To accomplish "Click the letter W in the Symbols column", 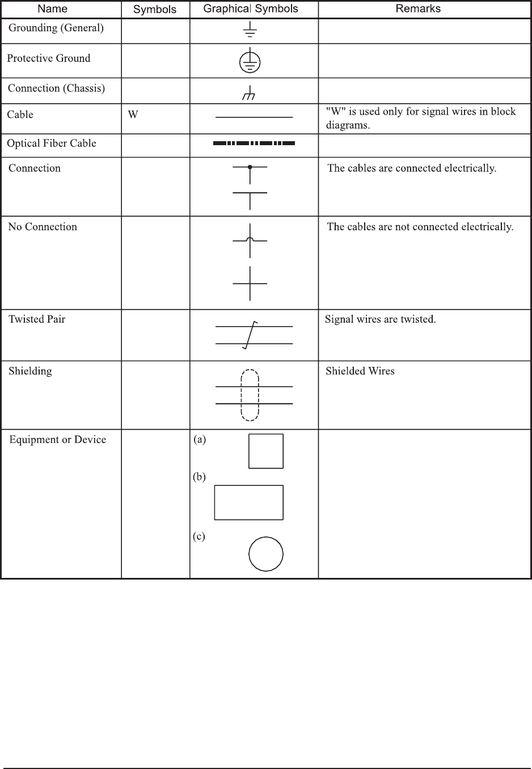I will pos(133,115).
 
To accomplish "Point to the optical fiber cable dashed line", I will pos(254,143).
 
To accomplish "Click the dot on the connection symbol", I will pos(250,167).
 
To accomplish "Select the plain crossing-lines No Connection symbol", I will pos(250,283).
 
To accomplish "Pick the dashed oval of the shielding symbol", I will pos(250,395).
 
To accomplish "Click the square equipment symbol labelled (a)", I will pos(266,451).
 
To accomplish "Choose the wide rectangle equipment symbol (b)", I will pos(248,502).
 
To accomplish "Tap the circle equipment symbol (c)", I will pos(266,554).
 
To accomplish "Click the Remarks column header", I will pos(418,9).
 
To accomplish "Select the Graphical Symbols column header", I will pos(251,9).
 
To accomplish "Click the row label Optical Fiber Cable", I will pos(52,143).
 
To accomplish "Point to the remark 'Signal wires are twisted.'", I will pos(380,319).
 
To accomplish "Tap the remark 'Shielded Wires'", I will pos(360,371).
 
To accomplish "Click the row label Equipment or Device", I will pos(58,440).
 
